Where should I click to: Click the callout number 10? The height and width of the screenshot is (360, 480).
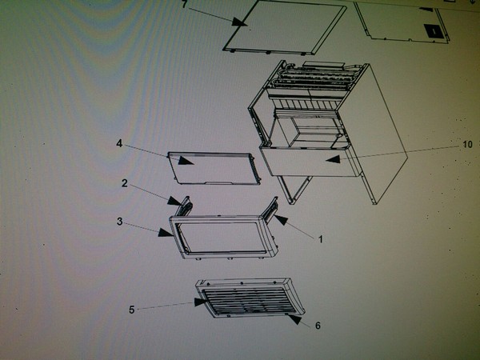pos(467,144)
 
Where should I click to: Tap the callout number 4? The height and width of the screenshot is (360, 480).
pos(119,143)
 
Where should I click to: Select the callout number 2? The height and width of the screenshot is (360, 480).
pos(125,183)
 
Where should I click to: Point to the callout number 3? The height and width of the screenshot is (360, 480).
pos(120,222)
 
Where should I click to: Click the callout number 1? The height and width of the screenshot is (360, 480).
pos(321,239)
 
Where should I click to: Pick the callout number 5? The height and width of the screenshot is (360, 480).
pos(132,310)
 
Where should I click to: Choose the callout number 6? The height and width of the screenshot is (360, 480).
pos(318,326)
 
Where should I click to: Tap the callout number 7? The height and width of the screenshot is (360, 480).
pos(184,4)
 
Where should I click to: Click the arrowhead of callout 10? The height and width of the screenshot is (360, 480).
pos(333,159)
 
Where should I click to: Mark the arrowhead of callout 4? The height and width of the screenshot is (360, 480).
pos(186,161)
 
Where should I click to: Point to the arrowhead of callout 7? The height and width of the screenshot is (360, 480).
pos(239,22)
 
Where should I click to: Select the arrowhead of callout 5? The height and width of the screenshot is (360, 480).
pos(202,302)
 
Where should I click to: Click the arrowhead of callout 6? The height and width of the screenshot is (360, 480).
pos(295,319)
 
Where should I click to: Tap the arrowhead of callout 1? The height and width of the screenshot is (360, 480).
pos(281,219)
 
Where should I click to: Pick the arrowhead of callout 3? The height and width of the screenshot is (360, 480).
pos(166,233)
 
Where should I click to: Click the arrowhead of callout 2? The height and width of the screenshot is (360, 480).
pos(174,201)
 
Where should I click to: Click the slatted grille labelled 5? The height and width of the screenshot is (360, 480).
pos(250,302)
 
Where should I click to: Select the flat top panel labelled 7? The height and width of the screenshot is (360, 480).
pos(286,27)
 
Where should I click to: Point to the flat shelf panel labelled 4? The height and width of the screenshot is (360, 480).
pos(214,168)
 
